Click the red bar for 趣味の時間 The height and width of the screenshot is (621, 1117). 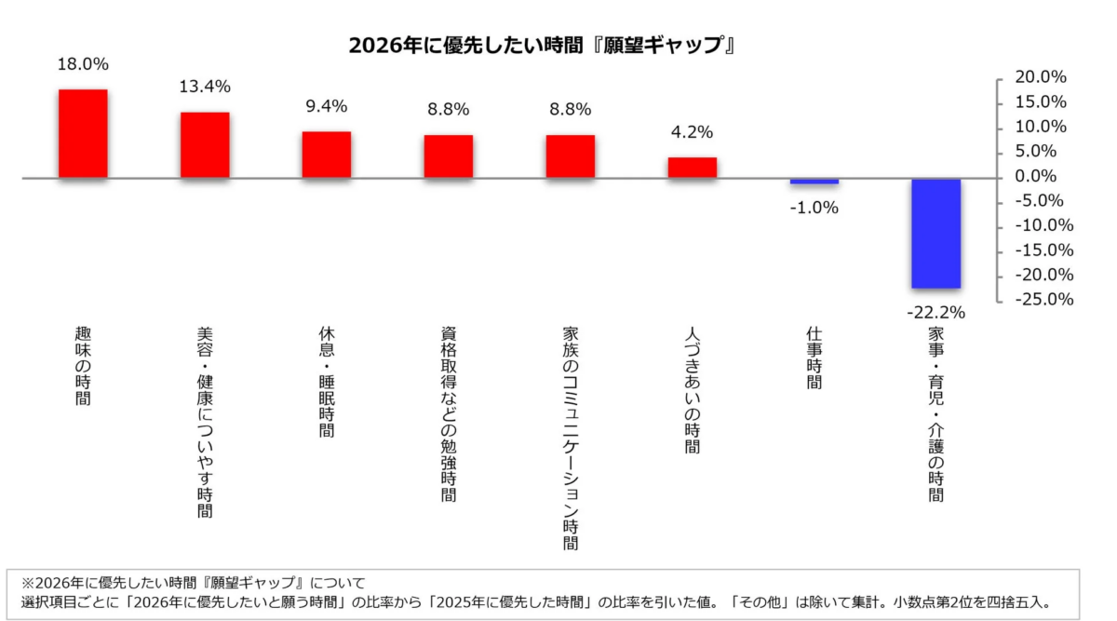[83, 133]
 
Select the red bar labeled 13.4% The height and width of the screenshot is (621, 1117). [205, 144]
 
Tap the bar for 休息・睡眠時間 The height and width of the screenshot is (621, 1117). [327, 155]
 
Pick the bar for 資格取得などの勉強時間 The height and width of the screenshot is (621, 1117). [449, 156]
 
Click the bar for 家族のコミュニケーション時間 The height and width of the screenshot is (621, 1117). [571, 156]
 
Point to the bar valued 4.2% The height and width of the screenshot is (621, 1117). [693, 168]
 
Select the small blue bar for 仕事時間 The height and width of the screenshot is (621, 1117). [814, 181]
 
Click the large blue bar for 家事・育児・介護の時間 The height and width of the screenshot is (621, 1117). [935, 233]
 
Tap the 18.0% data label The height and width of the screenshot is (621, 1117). [83, 64]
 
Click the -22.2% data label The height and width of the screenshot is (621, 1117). [935, 312]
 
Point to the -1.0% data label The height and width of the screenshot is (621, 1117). [814, 208]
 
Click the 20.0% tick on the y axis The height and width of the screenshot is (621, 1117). [1041, 77]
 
